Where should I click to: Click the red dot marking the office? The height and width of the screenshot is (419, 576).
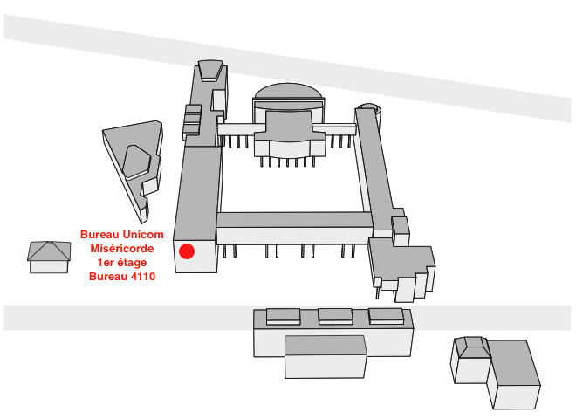pyautogui.click(x=187, y=251)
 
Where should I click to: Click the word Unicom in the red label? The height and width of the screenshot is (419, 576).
pyautogui.click(x=143, y=235)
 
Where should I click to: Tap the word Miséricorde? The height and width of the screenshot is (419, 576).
pyautogui.click(x=122, y=249)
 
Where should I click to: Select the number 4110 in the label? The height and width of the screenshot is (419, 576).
pyautogui.click(x=143, y=277)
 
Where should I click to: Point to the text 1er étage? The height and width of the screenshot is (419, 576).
pyautogui.click(x=122, y=263)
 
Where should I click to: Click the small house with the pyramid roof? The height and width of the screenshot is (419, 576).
pyautogui.click(x=49, y=257)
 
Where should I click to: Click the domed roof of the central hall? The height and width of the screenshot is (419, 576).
pyautogui.click(x=289, y=92)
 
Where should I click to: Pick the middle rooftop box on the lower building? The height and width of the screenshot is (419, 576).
pyautogui.click(x=335, y=316)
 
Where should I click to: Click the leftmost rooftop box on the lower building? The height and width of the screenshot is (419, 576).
pyautogui.click(x=284, y=316)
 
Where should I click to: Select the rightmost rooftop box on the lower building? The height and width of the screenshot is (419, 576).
pyautogui.click(x=386, y=316)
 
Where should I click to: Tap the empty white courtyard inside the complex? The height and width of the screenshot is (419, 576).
pyautogui.click(x=291, y=188)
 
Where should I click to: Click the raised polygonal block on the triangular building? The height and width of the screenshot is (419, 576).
pyautogui.click(x=136, y=161)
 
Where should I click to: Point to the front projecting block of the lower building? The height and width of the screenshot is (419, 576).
pyautogui.click(x=326, y=357)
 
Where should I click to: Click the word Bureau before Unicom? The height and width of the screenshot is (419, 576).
pyautogui.click(x=99, y=235)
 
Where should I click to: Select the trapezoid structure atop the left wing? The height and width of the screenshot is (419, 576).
pyautogui.click(x=210, y=70)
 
